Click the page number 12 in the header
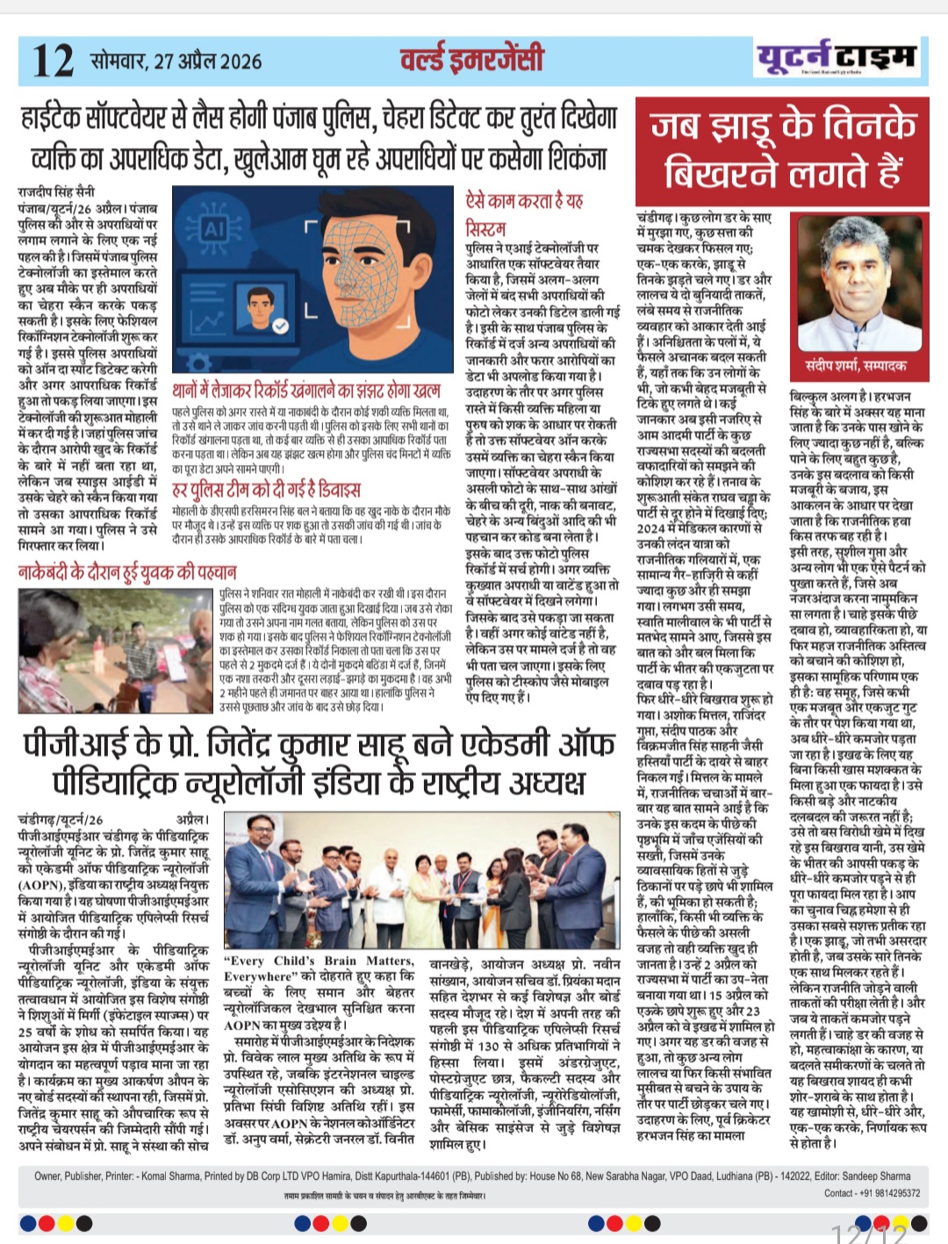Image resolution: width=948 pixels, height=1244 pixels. tap(53, 60)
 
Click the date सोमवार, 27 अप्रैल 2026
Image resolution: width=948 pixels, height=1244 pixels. tap(176, 61)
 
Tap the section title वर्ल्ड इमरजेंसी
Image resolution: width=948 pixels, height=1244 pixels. tap(472, 59)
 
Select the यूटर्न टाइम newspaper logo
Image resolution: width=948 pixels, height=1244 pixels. tap(836, 58)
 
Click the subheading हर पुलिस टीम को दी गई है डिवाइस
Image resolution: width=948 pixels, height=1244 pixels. tap(266, 489)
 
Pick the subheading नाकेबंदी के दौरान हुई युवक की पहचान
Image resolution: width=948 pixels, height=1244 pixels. tap(128, 572)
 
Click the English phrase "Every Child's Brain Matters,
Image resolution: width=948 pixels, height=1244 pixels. tap(320, 961)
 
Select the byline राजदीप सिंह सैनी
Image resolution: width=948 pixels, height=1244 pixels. tap(56, 190)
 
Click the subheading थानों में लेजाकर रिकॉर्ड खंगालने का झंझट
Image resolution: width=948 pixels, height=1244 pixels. tap(307, 390)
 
